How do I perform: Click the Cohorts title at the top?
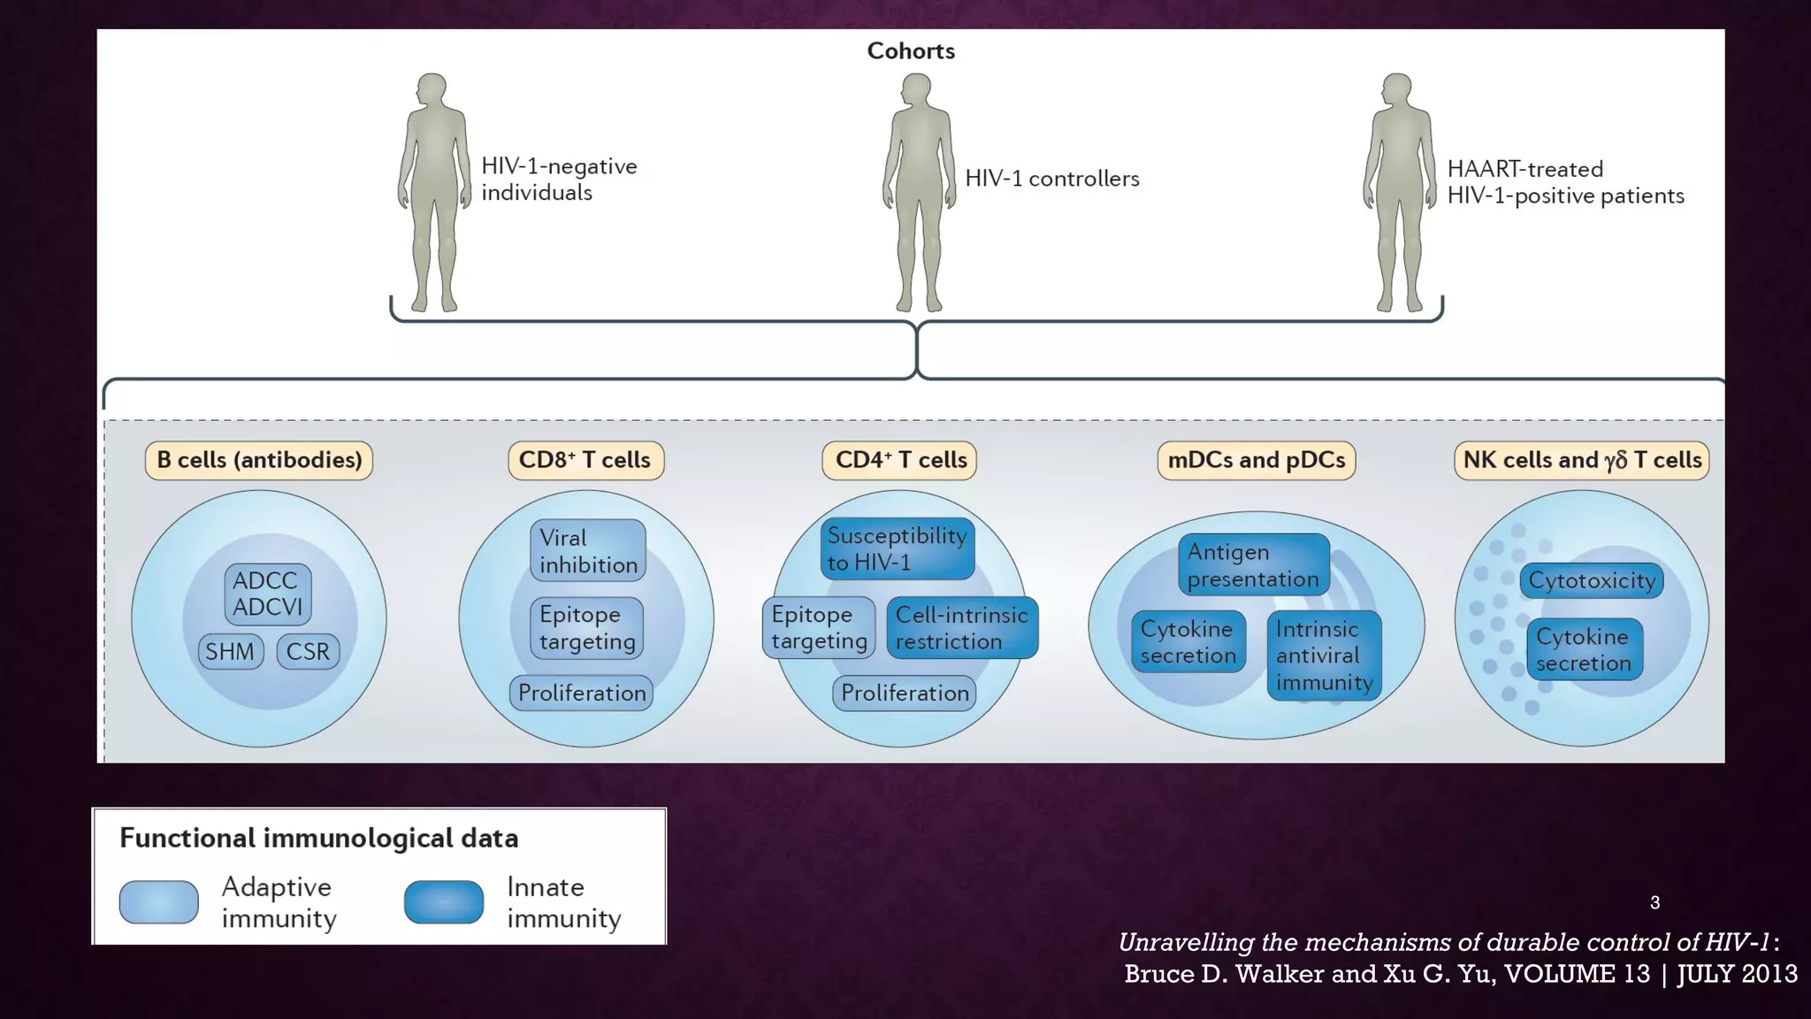click(911, 51)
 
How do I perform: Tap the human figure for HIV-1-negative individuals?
click(433, 190)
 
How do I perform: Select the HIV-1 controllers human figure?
click(919, 190)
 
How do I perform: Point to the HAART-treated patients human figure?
click(1399, 190)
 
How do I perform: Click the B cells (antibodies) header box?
click(259, 460)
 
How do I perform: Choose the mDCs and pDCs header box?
click(1256, 460)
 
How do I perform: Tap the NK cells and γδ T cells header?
click(1581, 460)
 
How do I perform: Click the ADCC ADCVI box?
click(267, 594)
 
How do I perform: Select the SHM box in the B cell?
click(230, 651)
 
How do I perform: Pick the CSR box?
click(308, 651)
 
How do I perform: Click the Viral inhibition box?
click(588, 550)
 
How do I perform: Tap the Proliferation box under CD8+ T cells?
click(582, 693)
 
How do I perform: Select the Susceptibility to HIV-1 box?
click(897, 548)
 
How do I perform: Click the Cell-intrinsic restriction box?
click(961, 628)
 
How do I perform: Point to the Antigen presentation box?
click(1253, 564)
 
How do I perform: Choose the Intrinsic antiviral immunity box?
click(1324, 655)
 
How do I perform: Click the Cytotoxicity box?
click(1592, 580)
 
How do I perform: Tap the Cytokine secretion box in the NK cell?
click(1584, 649)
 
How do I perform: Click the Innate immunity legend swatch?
click(444, 901)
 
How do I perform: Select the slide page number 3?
click(1654, 902)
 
